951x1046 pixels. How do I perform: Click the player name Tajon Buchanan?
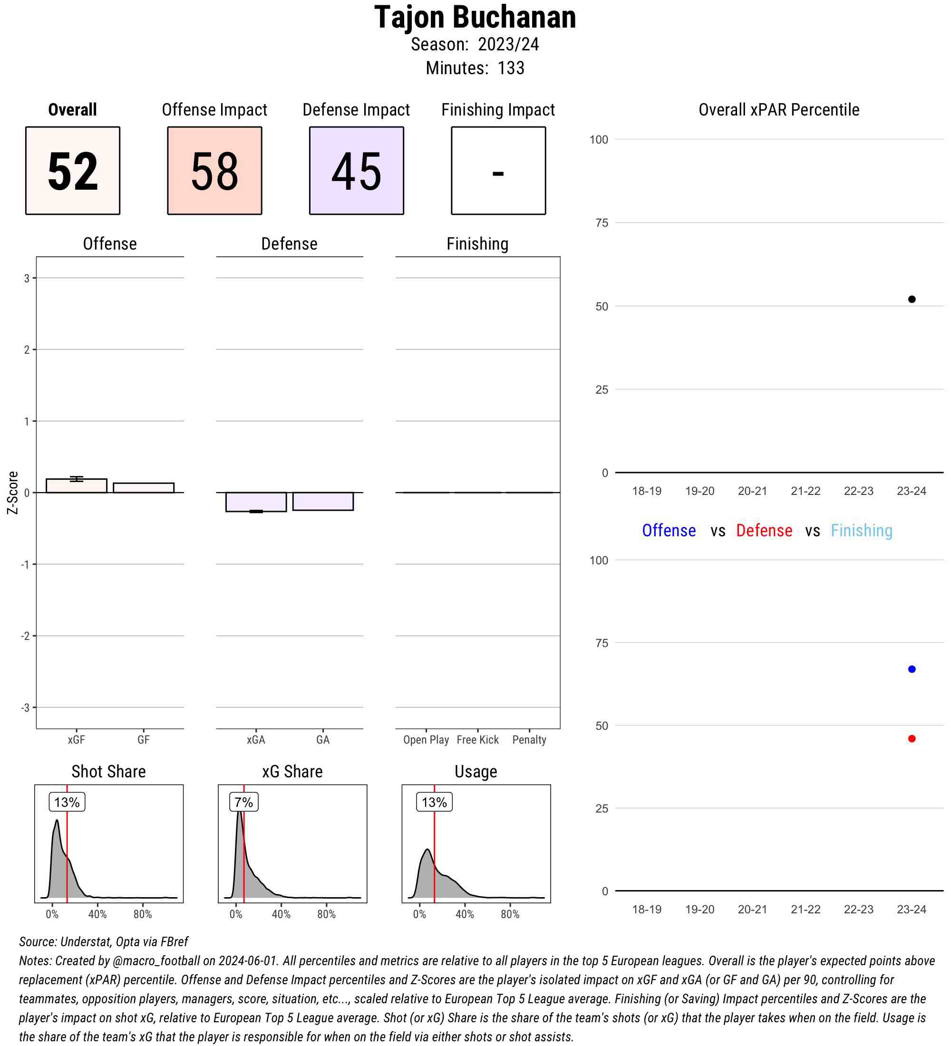pyautogui.click(x=475, y=18)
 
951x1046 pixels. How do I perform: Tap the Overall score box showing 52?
pyautogui.click(x=73, y=171)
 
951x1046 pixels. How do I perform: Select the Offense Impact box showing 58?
pyautogui.click(x=214, y=171)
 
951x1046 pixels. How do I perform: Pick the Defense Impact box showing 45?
pyautogui.click(x=357, y=171)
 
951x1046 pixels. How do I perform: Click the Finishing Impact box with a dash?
pyautogui.click(x=498, y=171)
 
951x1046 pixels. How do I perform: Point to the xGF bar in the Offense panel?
pyautogui.click(x=76, y=485)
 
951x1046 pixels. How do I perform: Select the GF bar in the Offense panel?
pyautogui.click(x=143, y=488)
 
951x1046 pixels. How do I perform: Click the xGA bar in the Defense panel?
pyautogui.click(x=256, y=502)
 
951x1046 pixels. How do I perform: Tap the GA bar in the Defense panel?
pyautogui.click(x=323, y=501)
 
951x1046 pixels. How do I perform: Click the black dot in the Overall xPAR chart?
pyautogui.click(x=912, y=300)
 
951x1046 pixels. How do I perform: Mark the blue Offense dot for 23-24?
pyautogui.click(x=912, y=669)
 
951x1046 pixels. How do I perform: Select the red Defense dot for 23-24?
pyautogui.click(x=912, y=739)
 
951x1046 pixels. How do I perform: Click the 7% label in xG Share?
pyautogui.click(x=243, y=802)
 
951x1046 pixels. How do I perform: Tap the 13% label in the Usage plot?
pyautogui.click(x=434, y=802)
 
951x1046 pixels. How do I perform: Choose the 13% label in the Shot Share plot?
pyautogui.click(x=67, y=802)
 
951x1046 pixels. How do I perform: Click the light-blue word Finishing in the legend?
pyautogui.click(x=861, y=531)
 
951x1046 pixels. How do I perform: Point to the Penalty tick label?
pyautogui.click(x=529, y=740)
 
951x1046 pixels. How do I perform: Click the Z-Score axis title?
pyautogui.click(x=12, y=493)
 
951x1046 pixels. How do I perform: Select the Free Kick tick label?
pyautogui.click(x=477, y=740)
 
